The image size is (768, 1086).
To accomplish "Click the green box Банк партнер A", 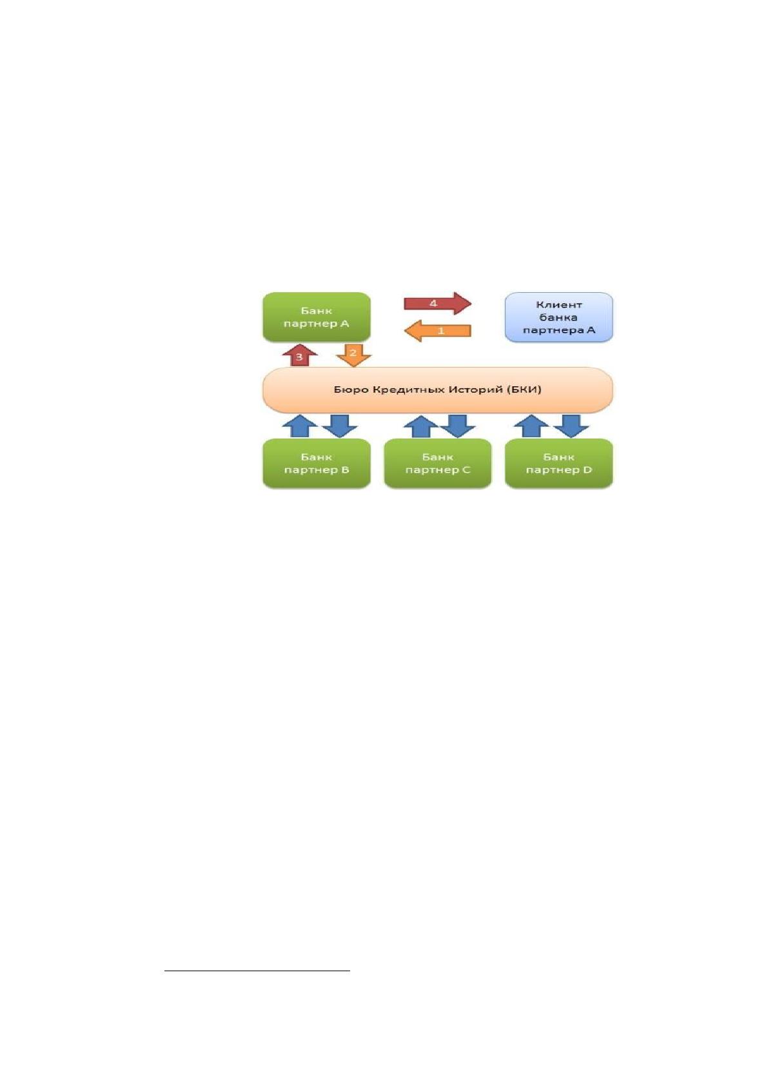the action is pyautogui.click(x=317, y=317).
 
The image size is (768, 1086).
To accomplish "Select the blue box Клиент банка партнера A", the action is pyautogui.click(x=559, y=317).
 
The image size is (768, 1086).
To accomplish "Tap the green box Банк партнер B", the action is pyautogui.click(x=317, y=463).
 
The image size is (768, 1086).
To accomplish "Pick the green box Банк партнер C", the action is pyautogui.click(x=438, y=463).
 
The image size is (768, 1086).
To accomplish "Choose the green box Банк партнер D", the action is pyautogui.click(x=559, y=463).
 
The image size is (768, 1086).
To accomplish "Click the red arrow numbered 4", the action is pyautogui.click(x=437, y=304).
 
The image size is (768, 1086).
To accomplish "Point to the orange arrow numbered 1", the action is pyautogui.click(x=437, y=331).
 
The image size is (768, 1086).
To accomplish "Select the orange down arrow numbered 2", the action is pyautogui.click(x=353, y=355).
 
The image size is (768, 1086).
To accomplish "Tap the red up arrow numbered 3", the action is pyautogui.click(x=300, y=355).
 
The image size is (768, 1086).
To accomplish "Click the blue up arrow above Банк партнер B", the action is pyautogui.click(x=300, y=426).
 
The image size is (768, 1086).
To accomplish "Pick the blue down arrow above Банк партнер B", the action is pyautogui.click(x=340, y=426).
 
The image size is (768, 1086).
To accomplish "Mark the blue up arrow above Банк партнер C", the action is pyautogui.click(x=421, y=426).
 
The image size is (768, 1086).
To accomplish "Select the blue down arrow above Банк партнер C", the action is pyautogui.click(x=458, y=426).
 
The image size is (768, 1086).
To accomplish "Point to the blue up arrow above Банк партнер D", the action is pyautogui.click(x=531, y=426).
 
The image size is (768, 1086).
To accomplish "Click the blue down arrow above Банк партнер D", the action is pyautogui.click(x=571, y=426).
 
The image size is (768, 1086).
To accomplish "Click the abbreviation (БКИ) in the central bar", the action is pyautogui.click(x=525, y=390).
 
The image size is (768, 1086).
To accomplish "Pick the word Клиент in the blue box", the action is pyautogui.click(x=559, y=304).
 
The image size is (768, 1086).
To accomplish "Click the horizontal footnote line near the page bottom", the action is pyautogui.click(x=257, y=971).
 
